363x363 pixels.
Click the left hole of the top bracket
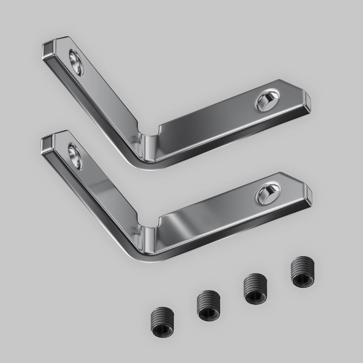click(76, 61)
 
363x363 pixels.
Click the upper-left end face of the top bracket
click(47, 50)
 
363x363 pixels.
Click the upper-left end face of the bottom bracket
click(47, 142)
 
